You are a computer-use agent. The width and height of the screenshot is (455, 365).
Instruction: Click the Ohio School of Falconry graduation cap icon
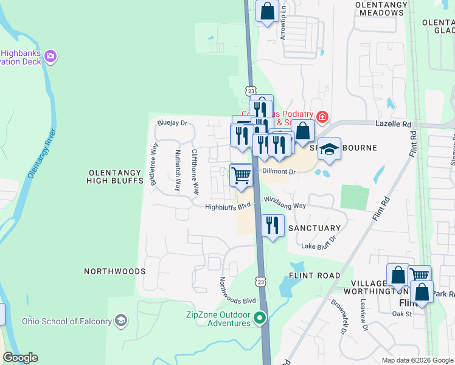(x=121, y=321)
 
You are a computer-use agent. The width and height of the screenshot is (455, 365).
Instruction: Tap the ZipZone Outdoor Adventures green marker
(x=261, y=318)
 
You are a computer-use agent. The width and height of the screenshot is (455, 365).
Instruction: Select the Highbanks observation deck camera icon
(x=50, y=57)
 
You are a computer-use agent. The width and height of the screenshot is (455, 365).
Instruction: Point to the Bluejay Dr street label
(x=172, y=123)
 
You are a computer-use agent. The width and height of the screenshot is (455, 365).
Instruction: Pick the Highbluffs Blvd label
(x=228, y=206)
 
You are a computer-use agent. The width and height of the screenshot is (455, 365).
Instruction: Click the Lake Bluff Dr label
(x=319, y=246)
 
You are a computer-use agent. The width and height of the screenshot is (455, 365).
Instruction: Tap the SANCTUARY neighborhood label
(x=314, y=228)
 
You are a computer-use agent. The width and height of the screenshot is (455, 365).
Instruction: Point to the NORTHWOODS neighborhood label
(x=114, y=271)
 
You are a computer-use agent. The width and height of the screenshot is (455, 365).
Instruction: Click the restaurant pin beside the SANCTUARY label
(x=273, y=226)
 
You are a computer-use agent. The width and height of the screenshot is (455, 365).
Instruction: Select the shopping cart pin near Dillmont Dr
(x=241, y=175)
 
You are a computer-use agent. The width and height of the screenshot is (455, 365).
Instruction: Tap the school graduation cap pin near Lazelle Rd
(x=329, y=149)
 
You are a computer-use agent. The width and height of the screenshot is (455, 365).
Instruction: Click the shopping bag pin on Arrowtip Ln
(x=267, y=11)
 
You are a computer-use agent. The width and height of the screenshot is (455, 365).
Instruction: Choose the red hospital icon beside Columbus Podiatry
(x=322, y=116)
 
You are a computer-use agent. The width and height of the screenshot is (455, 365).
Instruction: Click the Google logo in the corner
(x=20, y=358)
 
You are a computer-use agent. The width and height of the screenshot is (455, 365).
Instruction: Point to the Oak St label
(x=402, y=314)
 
